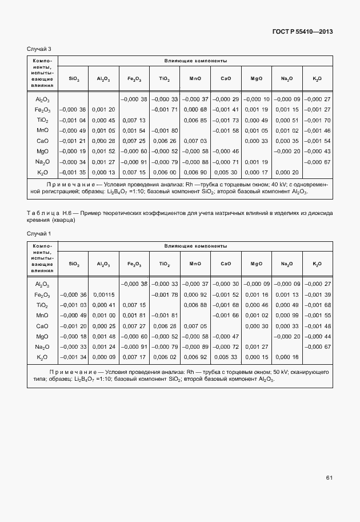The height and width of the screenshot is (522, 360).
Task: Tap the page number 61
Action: (329, 477)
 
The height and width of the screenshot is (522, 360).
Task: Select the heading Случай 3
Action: (39, 49)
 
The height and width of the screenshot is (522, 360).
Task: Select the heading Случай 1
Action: (39, 234)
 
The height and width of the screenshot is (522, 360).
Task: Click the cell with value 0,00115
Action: (104, 294)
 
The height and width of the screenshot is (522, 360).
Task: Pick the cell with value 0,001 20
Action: (104, 109)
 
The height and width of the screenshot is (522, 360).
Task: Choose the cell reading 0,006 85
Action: (195, 120)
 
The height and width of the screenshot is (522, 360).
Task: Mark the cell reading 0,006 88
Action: (195, 305)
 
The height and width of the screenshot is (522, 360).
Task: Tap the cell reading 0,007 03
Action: (195, 141)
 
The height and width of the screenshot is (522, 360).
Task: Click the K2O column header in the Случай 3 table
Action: (317, 78)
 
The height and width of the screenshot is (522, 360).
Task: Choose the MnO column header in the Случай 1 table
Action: (195, 264)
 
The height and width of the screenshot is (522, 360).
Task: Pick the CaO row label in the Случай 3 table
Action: (42, 141)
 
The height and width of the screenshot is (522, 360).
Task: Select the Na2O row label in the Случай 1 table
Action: (42, 346)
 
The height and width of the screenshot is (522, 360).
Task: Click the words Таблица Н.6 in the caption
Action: (47, 213)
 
